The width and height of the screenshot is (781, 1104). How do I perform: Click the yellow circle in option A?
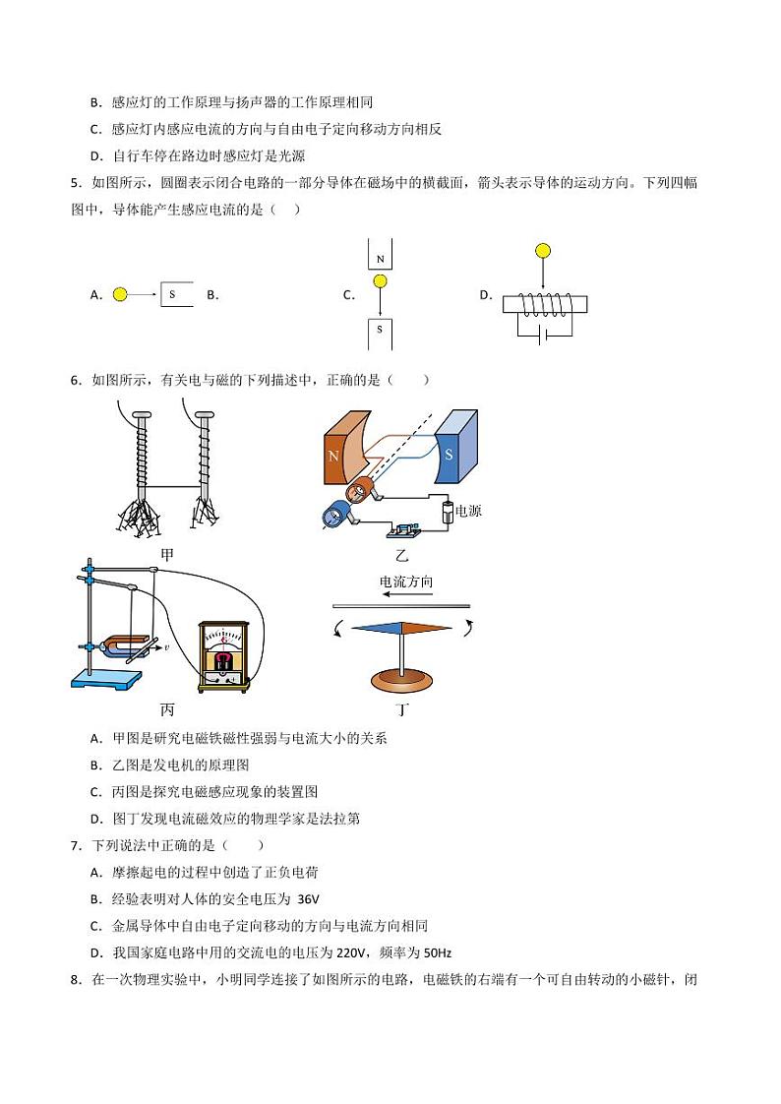[120, 294]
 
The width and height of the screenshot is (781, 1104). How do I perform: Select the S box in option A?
[177, 294]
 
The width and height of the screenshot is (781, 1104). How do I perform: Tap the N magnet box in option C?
[380, 255]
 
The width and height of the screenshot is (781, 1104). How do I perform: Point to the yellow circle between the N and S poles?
[380, 282]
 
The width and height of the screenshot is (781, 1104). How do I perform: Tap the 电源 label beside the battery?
[469, 512]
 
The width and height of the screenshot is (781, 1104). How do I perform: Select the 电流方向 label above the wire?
[406, 583]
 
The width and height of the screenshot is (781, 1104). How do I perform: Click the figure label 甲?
[167, 555]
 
